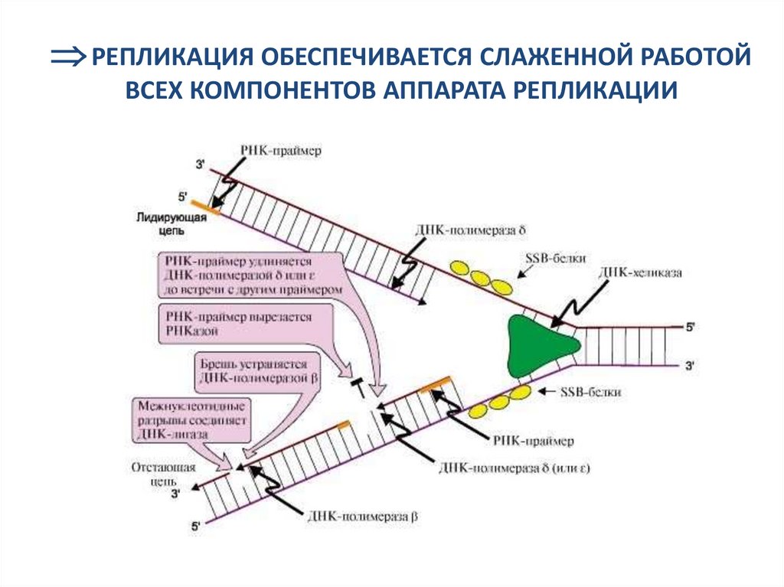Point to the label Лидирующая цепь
(x=164, y=222)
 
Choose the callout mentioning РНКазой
(x=244, y=322)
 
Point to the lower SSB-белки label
(x=590, y=392)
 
